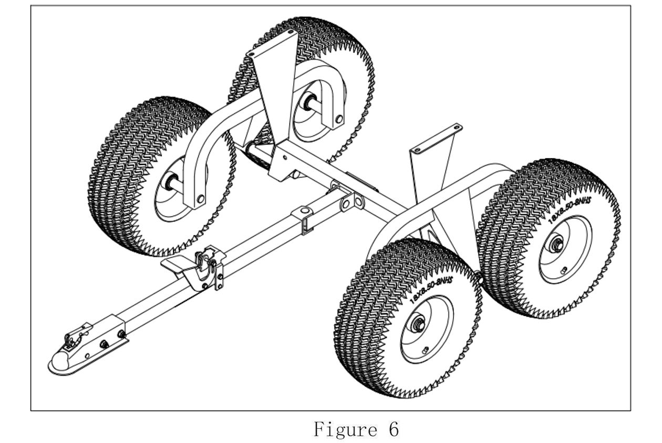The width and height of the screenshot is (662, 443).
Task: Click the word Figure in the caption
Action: tap(344, 430)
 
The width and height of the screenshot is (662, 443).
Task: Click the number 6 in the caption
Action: tap(392, 430)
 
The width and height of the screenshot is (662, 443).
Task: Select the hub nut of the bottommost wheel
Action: tap(419, 323)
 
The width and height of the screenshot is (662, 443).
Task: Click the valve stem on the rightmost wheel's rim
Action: tap(563, 270)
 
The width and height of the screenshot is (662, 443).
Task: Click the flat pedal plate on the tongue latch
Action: tap(179, 266)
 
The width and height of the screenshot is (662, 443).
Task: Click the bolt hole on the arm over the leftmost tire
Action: tap(200, 198)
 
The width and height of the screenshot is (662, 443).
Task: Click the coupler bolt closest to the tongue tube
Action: tap(122, 334)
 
